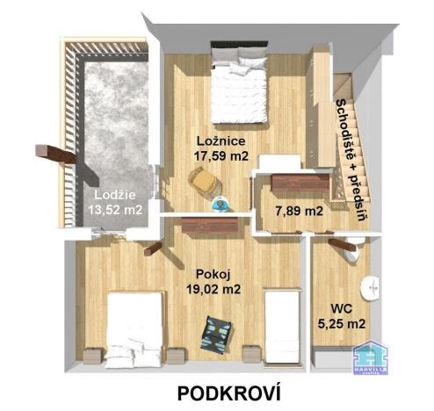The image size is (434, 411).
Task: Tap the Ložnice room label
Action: [x=221, y=141]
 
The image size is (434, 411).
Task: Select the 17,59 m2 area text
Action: [x=221, y=156]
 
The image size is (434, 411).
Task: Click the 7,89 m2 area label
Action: [x=298, y=211]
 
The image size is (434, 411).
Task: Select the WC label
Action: [x=342, y=309]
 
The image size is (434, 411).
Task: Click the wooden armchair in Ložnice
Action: [x=205, y=182]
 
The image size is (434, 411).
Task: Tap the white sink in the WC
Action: [x=374, y=285]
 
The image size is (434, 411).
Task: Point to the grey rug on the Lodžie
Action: [x=111, y=123]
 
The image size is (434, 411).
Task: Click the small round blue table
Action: [x=222, y=203]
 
